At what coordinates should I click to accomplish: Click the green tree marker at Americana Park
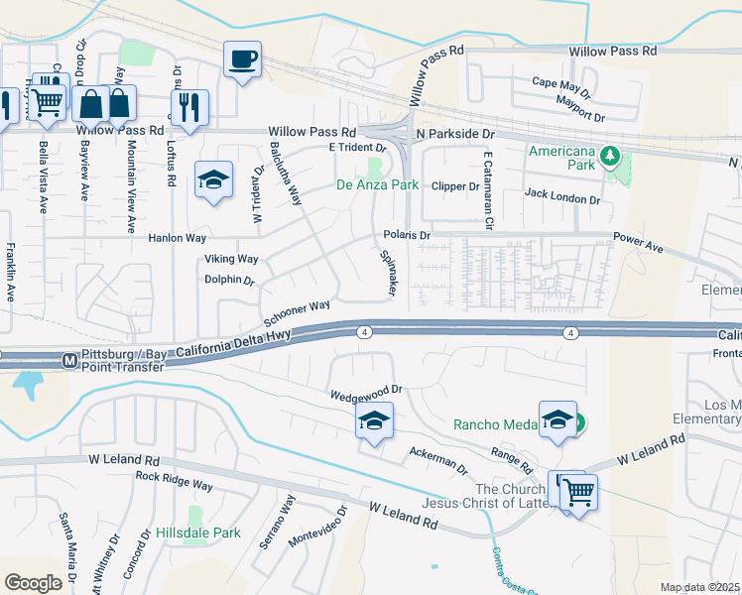click(x=612, y=155)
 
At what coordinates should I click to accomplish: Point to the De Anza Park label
click(x=377, y=184)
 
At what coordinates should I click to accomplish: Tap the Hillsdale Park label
click(x=198, y=533)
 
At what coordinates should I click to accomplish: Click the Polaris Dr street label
click(x=407, y=236)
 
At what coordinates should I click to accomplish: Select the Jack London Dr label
click(x=562, y=199)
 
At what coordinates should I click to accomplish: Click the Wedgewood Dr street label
click(x=366, y=391)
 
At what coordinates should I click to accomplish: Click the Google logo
click(x=33, y=583)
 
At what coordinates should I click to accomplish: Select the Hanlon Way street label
click(x=177, y=238)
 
